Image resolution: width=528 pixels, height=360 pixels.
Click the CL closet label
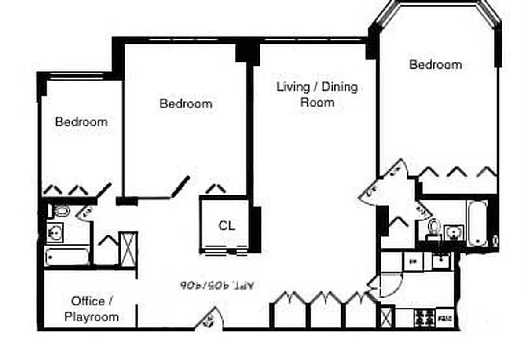(227, 226)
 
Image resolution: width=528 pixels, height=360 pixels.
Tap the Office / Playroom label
(92, 309)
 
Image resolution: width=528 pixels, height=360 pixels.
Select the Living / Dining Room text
(317, 94)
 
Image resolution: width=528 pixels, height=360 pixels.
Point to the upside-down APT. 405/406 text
(217, 285)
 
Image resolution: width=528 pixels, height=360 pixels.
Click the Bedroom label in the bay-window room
(435, 65)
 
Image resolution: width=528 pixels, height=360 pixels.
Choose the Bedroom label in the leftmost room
(81, 121)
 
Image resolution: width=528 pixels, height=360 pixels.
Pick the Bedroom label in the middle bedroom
(186, 104)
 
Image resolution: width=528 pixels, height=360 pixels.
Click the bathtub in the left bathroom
(68, 257)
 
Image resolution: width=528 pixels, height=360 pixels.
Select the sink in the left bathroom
(55, 232)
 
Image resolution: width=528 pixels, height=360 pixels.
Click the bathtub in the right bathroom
(477, 224)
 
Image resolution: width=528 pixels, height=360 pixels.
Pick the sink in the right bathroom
(451, 231)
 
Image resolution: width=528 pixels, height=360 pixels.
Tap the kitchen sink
(440, 261)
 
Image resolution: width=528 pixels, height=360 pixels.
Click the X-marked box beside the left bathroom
(128, 249)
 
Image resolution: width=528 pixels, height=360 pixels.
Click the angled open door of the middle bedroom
(180, 187)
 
